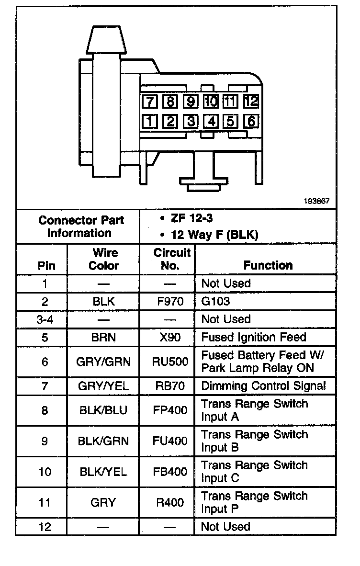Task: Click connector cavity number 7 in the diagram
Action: [150, 101]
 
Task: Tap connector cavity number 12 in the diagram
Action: [251, 101]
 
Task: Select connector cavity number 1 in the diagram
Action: [150, 121]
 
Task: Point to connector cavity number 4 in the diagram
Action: [211, 121]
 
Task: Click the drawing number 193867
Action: [316, 202]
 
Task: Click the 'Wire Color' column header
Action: [103, 259]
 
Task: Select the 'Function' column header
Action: [268, 265]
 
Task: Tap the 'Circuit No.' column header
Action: [172, 259]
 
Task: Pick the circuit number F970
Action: [170, 302]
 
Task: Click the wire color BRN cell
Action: [103, 337]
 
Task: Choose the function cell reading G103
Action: [215, 302]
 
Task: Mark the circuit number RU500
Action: [170, 362]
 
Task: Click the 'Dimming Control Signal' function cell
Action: [263, 386]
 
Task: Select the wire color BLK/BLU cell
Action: [103, 410]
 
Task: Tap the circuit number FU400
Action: [170, 441]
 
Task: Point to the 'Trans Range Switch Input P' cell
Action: [254, 502]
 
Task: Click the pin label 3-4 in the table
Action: [45, 319]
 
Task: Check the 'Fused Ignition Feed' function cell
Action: [254, 337]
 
